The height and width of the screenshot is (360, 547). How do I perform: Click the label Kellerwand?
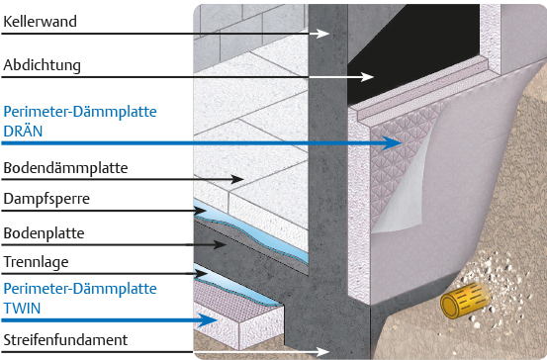pyautogui.click(x=40, y=22)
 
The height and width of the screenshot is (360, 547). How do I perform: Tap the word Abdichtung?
pyautogui.click(x=42, y=65)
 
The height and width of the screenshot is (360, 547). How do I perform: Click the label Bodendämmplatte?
pyautogui.click(x=65, y=168)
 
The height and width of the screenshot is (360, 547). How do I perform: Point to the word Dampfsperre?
pyautogui.click(x=46, y=199)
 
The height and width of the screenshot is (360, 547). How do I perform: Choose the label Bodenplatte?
pyautogui.click(x=44, y=233)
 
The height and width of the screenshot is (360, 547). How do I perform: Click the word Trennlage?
pyautogui.click(x=36, y=262)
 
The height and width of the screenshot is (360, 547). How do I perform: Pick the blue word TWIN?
pyautogui.click(x=22, y=309)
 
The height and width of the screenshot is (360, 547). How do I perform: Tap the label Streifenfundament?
pyautogui.click(x=65, y=340)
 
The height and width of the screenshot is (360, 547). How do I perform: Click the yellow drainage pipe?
pyautogui.click(x=465, y=300)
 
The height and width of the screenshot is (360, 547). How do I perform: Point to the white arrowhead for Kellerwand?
pyautogui.click(x=323, y=34)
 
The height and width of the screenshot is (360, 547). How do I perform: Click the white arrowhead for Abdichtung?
pyautogui.click(x=367, y=77)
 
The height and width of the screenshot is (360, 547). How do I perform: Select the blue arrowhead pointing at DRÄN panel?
pyautogui.click(x=392, y=142)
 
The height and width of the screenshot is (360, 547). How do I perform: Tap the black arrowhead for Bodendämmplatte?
pyautogui.click(x=236, y=179)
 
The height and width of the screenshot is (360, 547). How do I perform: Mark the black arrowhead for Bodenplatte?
pyautogui.click(x=220, y=244)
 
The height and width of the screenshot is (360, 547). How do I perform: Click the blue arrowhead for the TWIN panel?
pyautogui.click(x=207, y=319)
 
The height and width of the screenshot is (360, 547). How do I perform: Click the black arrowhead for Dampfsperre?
pyautogui.click(x=200, y=211)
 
